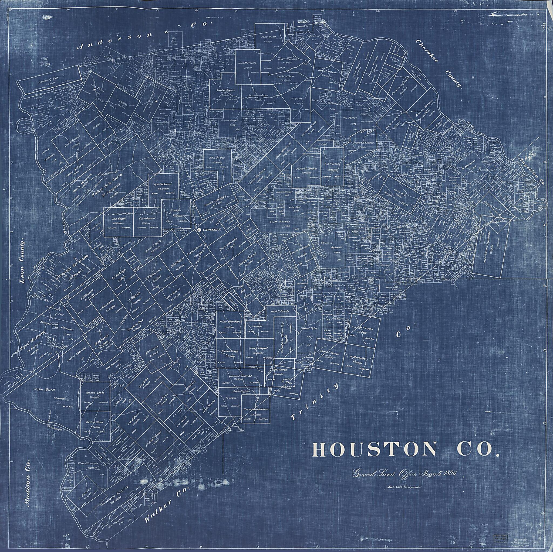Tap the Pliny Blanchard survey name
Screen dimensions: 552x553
pyautogui.click(x=230, y=322)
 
